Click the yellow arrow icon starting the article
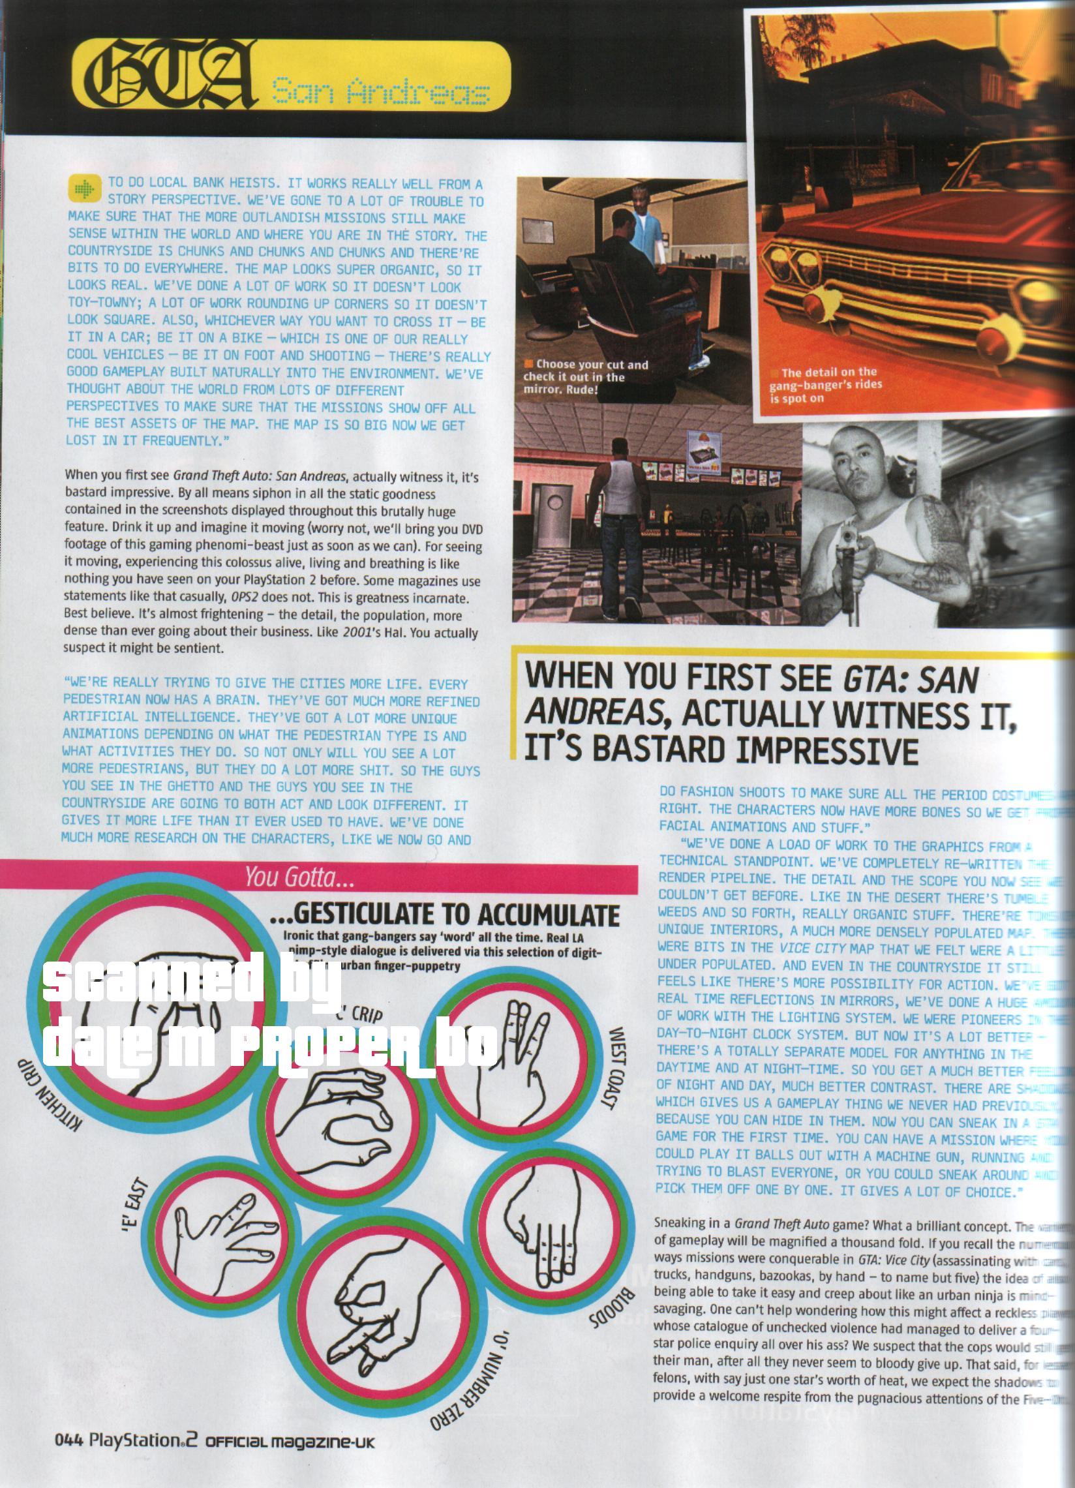83,190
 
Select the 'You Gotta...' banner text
282,877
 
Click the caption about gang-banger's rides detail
824,384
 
